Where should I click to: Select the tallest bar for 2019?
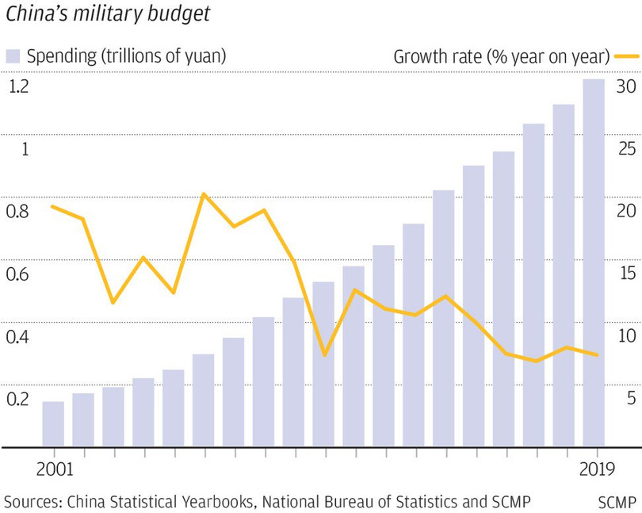pos(594,262)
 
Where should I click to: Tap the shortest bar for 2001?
pos(53,423)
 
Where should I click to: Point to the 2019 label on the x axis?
pos(594,469)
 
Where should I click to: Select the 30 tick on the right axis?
pos(627,86)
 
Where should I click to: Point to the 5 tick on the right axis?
pos(631,399)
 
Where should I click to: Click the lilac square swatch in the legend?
pos(13,56)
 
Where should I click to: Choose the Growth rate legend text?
pos(501,56)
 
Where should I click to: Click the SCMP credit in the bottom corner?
pos(617,502)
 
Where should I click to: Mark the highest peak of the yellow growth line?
pos(204,193)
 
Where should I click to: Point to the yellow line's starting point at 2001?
pos(52,206)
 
